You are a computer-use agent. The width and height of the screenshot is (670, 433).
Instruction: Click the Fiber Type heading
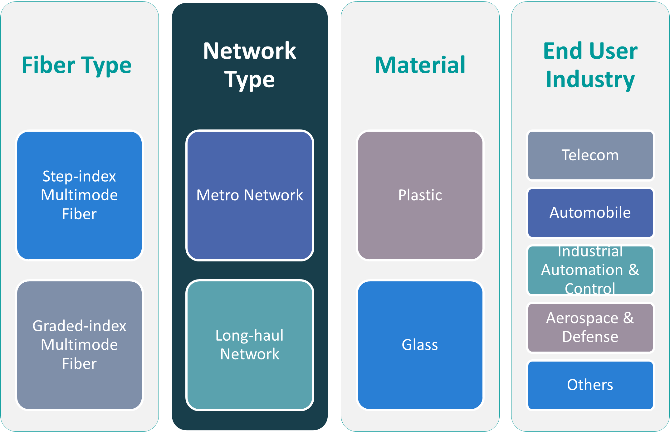76,66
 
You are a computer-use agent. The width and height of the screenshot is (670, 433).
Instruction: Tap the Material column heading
420,66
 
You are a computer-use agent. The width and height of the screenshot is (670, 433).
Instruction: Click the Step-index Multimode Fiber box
79,195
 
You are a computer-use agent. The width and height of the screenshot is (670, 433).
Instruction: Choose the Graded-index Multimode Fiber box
79,345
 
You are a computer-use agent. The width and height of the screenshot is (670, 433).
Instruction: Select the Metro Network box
250,195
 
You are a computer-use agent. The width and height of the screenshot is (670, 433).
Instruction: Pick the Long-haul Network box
250,345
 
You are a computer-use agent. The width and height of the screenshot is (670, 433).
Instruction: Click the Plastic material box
420,195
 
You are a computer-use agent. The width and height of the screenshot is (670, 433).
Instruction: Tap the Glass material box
420,345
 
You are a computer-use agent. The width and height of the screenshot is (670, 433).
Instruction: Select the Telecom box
590,155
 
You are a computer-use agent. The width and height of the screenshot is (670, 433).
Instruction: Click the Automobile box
590,213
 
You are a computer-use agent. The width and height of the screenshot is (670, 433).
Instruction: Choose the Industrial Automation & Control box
590,270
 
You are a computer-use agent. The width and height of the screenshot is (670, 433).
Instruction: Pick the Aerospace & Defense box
590,328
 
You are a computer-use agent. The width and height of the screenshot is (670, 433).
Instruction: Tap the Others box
590,385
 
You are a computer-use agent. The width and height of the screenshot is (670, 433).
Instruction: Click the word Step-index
79,177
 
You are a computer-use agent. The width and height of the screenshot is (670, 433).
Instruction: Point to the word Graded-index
79,326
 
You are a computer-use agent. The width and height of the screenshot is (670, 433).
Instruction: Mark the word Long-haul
250,336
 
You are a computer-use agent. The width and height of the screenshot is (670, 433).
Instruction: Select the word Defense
590,337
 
